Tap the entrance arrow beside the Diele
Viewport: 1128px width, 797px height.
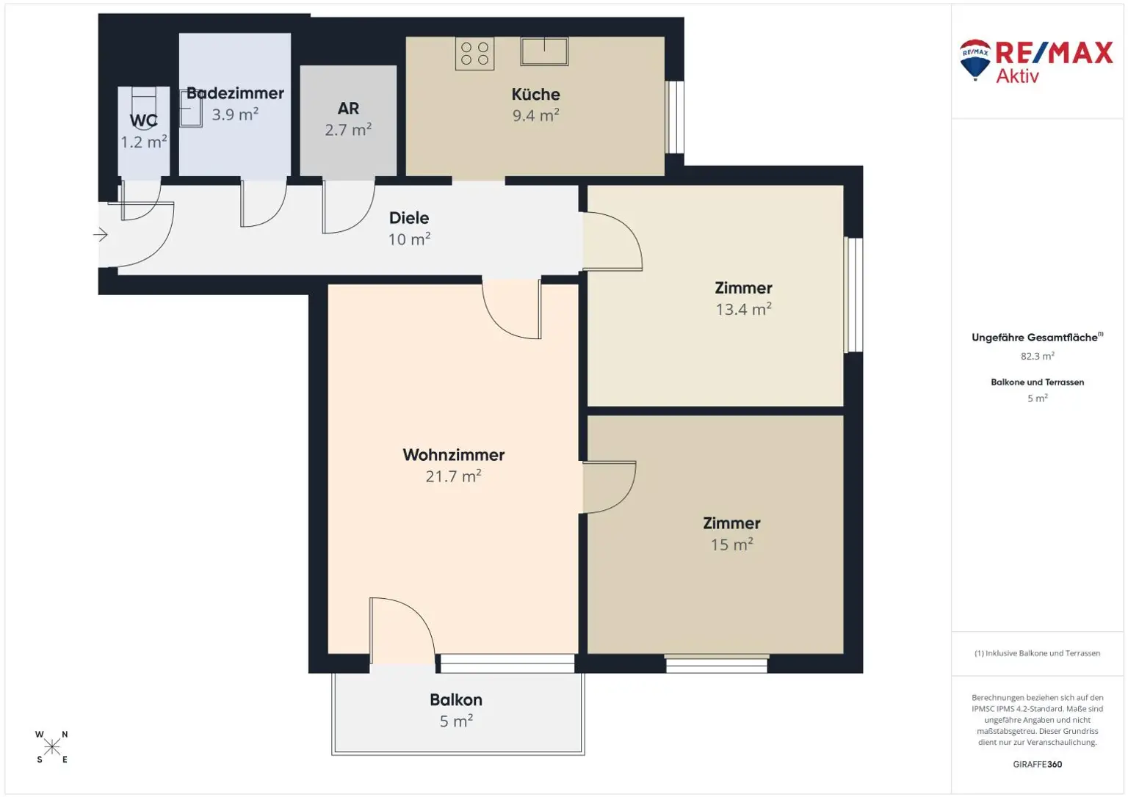point(101,235)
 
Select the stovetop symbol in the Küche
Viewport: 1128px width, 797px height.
point(474,54)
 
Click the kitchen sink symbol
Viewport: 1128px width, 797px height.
point(544,51)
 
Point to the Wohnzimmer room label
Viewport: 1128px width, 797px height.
point(453,455)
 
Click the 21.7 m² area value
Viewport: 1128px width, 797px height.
point(453,476)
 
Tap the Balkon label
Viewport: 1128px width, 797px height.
point(456,700)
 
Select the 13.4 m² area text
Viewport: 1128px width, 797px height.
point(743,310)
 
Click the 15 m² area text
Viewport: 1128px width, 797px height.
point(731,545)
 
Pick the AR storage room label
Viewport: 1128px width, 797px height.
point(348,109)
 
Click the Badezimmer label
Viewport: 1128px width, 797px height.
point(235,93)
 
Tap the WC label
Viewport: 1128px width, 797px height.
point(144,121)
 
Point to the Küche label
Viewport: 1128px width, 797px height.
point(535,95)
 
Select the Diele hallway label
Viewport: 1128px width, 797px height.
point(409,218)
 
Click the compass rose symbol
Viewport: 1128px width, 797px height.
point(52,747)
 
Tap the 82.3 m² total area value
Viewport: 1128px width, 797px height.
point(1037,357)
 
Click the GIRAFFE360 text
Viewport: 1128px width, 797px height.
point(1037,765)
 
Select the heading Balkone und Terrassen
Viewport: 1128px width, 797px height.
point(1037,382)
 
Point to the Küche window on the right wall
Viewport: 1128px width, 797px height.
point(674,117)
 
